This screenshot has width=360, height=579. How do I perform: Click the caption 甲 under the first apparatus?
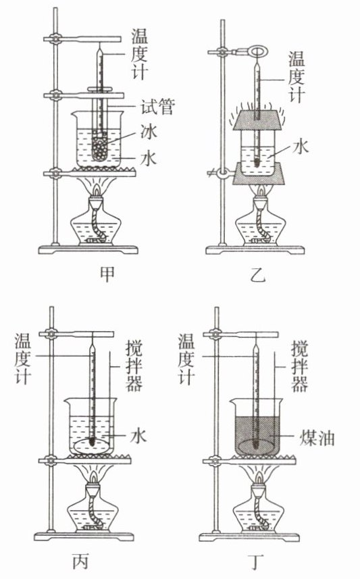click(x=107, y=274)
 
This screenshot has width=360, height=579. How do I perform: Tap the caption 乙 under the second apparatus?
click(x=258, y=274)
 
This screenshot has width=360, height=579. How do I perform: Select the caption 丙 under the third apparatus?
click(x=81, y=561)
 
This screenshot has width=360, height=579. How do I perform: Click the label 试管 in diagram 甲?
click(x=157, y=107)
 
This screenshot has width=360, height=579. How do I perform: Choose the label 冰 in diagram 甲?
click(x=149, y=132)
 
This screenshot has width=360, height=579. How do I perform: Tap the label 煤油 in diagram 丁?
click(x=317, y=438)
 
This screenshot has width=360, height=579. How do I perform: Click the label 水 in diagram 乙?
click(x=300, y=147)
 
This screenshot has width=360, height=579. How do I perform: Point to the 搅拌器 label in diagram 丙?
click(x=134, y=366)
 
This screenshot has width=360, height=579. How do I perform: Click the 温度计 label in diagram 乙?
click(x=297, y=77)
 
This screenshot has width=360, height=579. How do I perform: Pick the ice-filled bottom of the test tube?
click(x=99, y=147)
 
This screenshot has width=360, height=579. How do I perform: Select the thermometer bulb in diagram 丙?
click(x=92, y=440)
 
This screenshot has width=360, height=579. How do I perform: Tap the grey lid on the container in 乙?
click(x=258, y=120)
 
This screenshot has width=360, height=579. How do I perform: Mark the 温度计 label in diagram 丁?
click(x=186, y=359)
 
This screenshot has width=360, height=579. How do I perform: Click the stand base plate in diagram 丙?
click(x=84, y=536)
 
